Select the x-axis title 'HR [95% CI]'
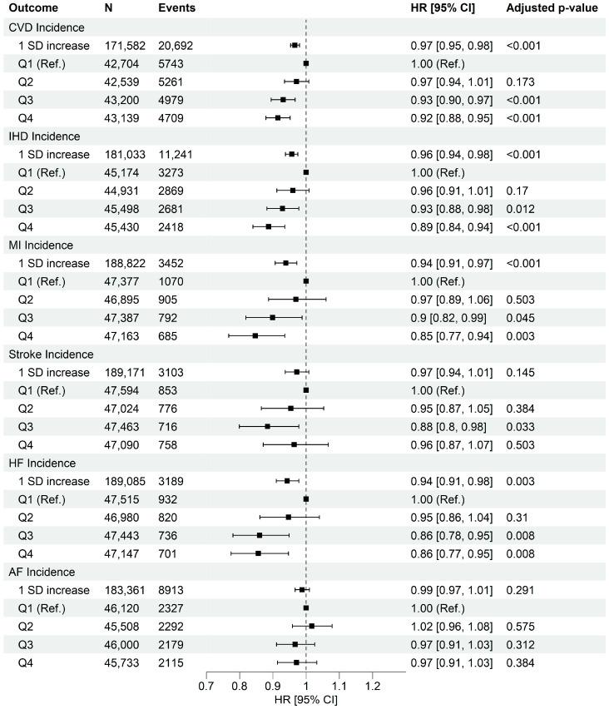point(305,701)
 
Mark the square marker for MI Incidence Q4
point(255,335)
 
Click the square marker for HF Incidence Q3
point(260,535)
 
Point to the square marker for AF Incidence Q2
point(312,626)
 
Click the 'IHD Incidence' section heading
point(43,136)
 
